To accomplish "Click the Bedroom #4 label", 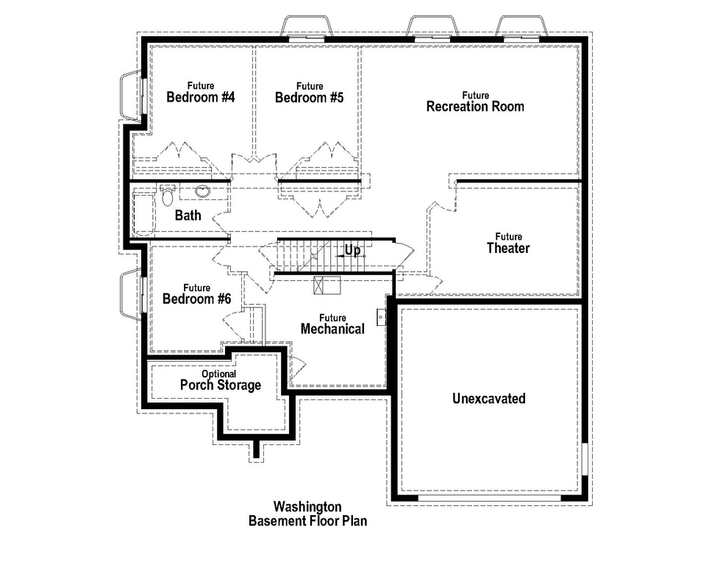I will click(x=200, y=97).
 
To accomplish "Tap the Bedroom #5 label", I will click(x=310, y=97).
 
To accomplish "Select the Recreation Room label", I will click(x=475, y=107).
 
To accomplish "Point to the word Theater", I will click(x=507, y=249).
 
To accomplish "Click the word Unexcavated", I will click(x=488, y=399).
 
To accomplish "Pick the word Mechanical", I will click(x=332, y=330).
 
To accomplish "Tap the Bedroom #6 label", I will click(x=196, y=299).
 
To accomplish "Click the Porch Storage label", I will click(x=220, y=385).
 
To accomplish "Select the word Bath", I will click(x=188, y=216).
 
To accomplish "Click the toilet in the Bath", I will click(x=167, y=196).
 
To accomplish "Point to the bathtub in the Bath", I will click(x=143, y=213).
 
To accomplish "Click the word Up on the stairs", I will click(x=353, y=251).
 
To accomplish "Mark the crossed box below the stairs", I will click(x=323, y=285).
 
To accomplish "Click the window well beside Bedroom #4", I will click(x=130, y=95).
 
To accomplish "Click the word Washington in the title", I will click(x=307, y=507).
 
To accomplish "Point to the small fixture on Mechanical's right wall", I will click(x=381, y=316).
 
